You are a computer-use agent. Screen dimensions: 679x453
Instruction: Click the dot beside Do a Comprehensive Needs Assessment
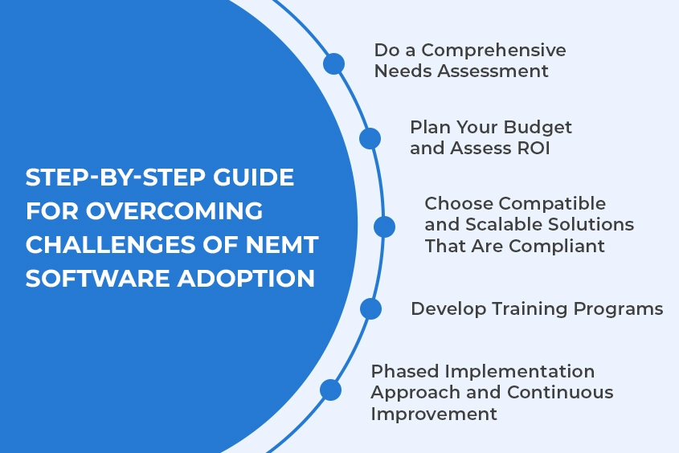(333, 64)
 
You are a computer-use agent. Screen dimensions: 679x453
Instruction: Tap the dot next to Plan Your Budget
(370, 138)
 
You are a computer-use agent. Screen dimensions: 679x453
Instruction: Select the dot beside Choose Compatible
(385, 226)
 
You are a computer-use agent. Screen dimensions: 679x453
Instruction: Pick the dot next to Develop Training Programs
(370, 309)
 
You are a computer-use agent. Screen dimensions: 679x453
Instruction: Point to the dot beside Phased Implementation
(331, 390)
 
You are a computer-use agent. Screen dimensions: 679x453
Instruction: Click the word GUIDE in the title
(253, 178)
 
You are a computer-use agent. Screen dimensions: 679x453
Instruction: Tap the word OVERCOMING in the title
(174, 211)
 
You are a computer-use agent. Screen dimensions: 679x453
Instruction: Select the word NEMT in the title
(282, 245)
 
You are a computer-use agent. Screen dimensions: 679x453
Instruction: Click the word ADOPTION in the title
(246, 278)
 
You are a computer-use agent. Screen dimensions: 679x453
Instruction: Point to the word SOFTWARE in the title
(97, 278)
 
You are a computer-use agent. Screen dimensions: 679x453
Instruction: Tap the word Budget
(538, 128)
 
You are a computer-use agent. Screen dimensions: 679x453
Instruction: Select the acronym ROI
(534, 149)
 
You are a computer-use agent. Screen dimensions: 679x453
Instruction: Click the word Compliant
(556, 247)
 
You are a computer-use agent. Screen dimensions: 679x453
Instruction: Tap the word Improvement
(434, 414)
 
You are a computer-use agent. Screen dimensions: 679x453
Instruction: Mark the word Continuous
(560, 393)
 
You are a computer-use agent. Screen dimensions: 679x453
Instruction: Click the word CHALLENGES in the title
(110, 245)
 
